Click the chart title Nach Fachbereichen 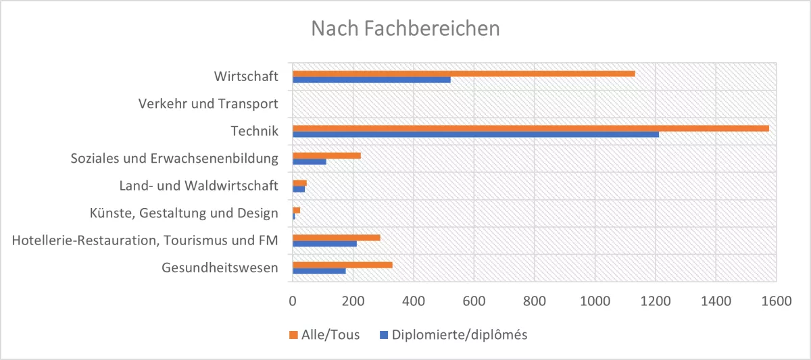(x=405, y=29)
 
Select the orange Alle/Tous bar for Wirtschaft (x=464, y=73)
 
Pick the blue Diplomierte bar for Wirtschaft (x=371, y=80)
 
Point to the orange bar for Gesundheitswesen (x=342, y=265)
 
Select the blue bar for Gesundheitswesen (x=319, y=272)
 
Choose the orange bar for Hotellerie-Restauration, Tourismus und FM (x=336, y=238)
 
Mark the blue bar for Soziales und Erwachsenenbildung (x=309, y=161)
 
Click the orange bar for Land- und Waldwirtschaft (x=299, y=182)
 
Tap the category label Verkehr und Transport (x=208, y=104)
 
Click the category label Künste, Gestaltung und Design (x=184, y=213)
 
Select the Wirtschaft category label (x=246, y=76)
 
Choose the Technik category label (x=255, y=131)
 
